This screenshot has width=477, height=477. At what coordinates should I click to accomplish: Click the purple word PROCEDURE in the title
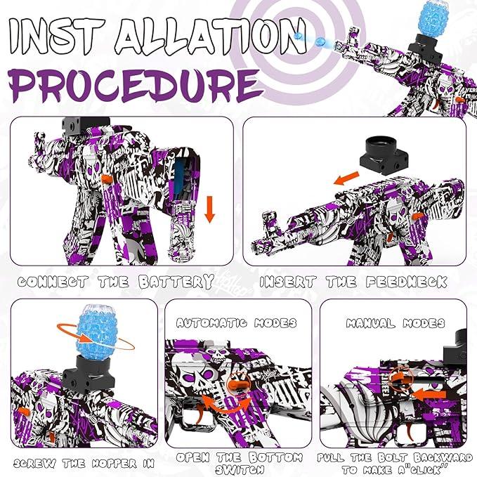tap(136, 85)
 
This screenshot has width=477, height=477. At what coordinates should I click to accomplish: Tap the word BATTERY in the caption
tap(176, 282)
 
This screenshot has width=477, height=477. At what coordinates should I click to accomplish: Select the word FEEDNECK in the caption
tap(407, 282)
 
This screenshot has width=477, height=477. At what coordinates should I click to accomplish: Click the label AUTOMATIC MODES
tap(237, 322)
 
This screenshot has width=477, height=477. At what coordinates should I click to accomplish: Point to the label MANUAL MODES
tap(396, 323)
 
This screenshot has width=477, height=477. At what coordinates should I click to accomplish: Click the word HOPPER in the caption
tap(115, 464)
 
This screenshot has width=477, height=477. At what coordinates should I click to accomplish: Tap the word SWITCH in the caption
tap(240, 470)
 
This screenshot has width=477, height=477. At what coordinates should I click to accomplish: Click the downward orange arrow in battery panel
tap(209, 209)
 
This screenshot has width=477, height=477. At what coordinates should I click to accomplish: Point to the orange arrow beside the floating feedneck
tap(346, 178)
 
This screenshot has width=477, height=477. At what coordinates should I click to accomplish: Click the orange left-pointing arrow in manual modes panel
tap(429, 395)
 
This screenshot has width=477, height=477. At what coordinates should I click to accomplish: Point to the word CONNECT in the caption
tap(53, 282)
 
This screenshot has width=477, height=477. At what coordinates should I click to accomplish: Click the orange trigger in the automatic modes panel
tap(200, 414)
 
